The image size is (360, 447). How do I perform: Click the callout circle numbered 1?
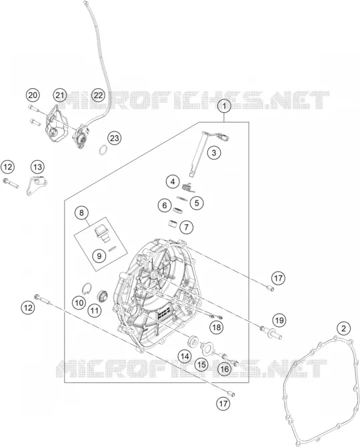[x=224, y=106]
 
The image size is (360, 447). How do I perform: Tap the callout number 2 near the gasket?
[x=343, y=328]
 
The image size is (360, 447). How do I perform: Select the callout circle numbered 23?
[x=114, y=138]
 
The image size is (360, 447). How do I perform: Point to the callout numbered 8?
[x=82, y=213]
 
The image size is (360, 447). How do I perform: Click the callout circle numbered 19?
[x=279, y=320]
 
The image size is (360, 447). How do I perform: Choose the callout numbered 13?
[x=37, y=167]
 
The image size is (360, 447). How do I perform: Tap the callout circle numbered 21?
[x=60, y=95]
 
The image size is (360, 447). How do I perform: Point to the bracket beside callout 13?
[x=37, y=185]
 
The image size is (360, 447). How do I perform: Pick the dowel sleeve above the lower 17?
[x=233, y=394]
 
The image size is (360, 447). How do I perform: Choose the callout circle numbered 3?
[x=213, y=153]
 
